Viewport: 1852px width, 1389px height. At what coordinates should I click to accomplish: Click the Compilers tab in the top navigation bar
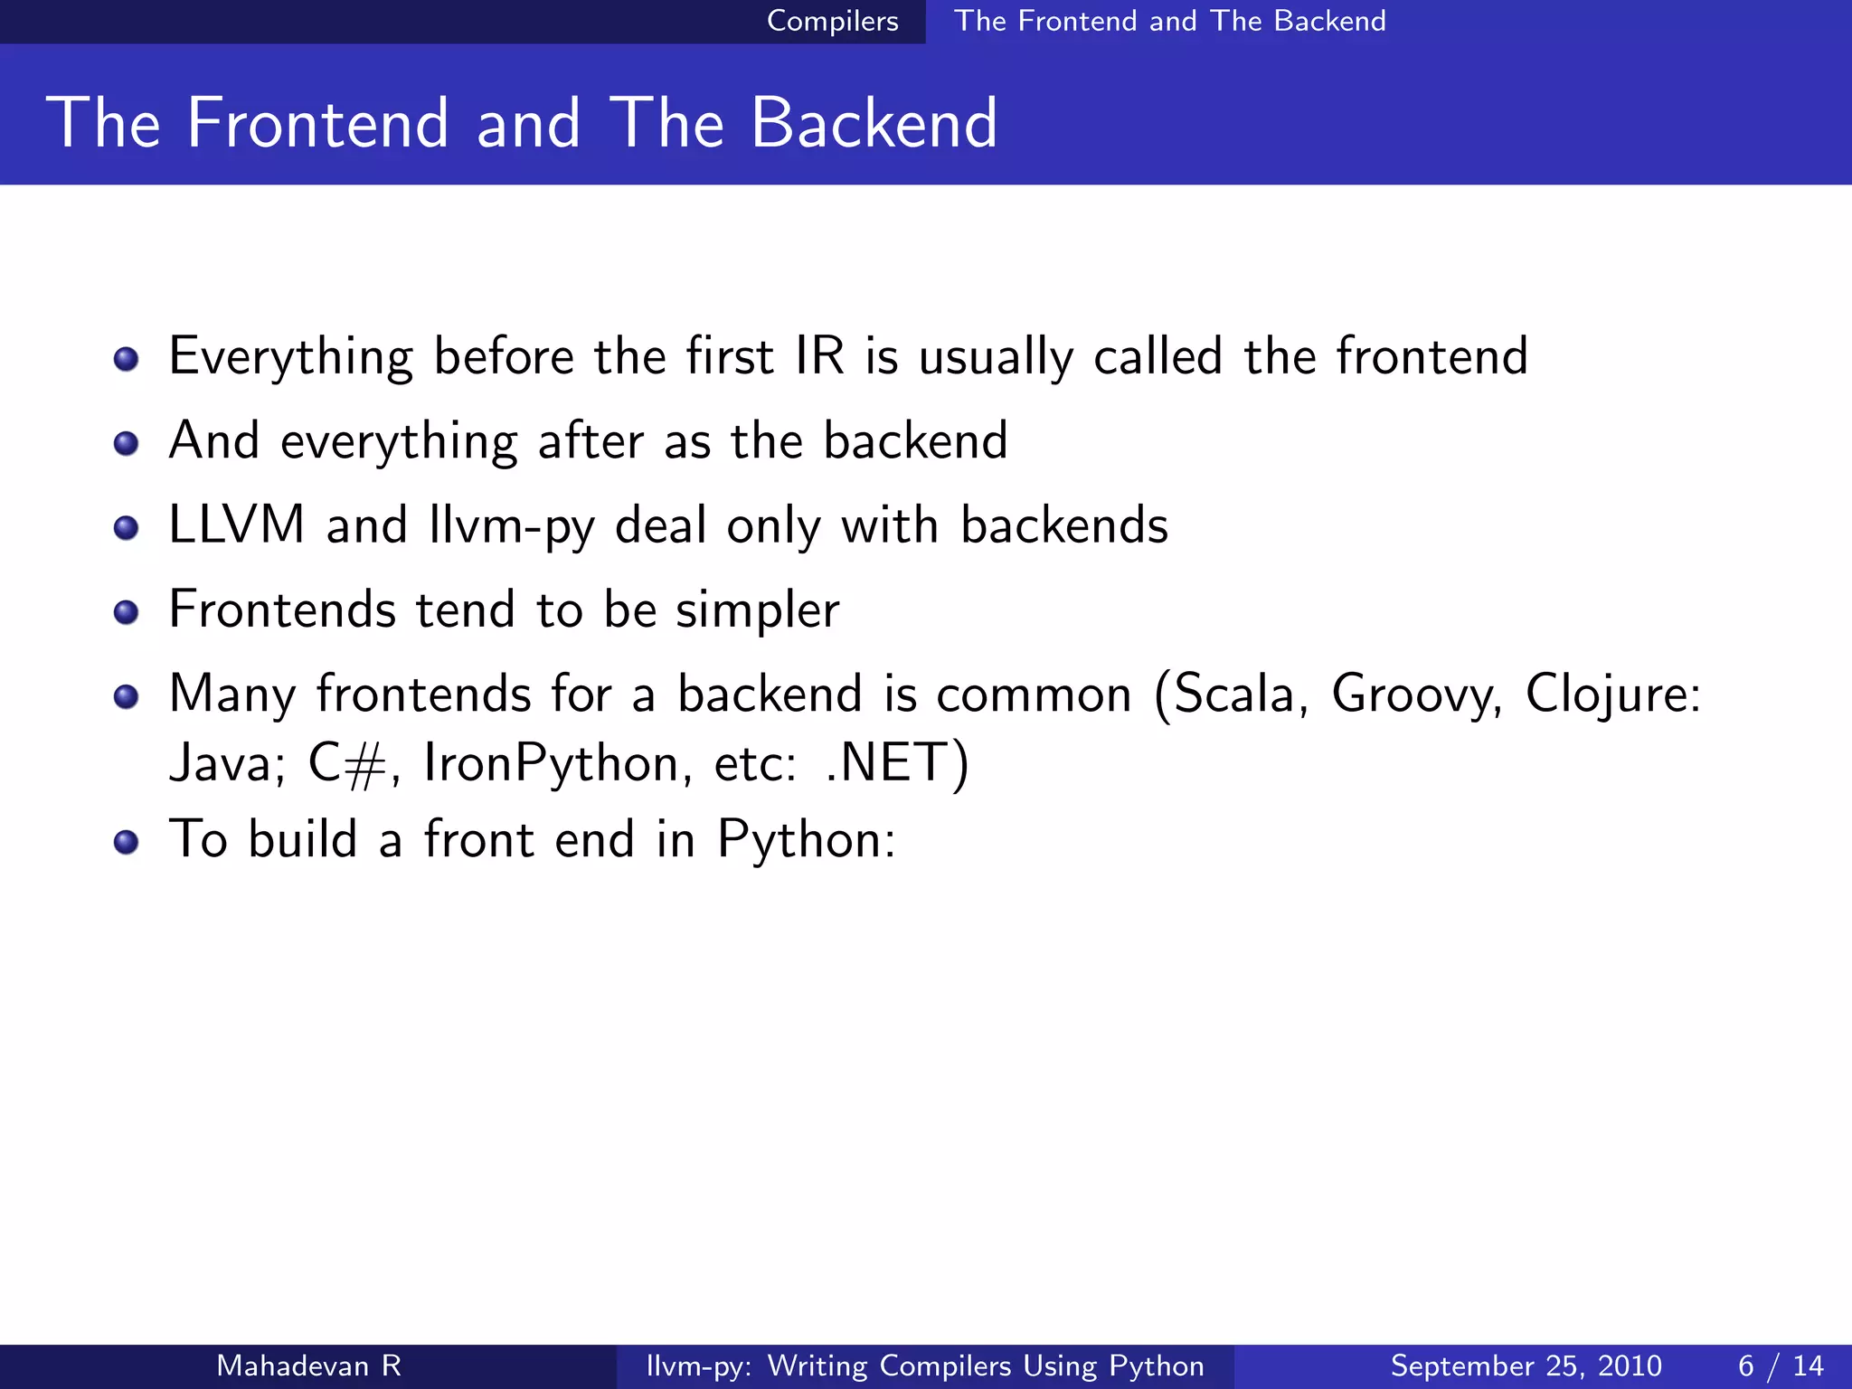(832, 21)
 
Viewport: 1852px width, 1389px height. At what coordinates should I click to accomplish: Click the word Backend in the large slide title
(874, 123)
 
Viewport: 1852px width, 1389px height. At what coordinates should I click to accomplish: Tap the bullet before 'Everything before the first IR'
(127, 359)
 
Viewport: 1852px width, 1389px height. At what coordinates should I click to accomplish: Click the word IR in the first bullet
(819, 355)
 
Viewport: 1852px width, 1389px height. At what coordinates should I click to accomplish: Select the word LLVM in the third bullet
(237, 524)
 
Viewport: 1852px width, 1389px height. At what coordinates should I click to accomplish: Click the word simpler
(758, 610)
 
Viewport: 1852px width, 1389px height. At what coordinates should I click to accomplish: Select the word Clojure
(1612, 694)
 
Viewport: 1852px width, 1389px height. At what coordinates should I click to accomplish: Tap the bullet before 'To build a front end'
(127, 842)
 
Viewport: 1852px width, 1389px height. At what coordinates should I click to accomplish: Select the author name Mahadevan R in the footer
(308, 1365)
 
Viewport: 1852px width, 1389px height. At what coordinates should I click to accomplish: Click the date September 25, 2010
(1526, 1365)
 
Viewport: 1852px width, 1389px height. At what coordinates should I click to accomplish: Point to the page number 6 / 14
(1781, 1365)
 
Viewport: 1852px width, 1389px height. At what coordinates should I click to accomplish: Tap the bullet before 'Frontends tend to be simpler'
(127, 612)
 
